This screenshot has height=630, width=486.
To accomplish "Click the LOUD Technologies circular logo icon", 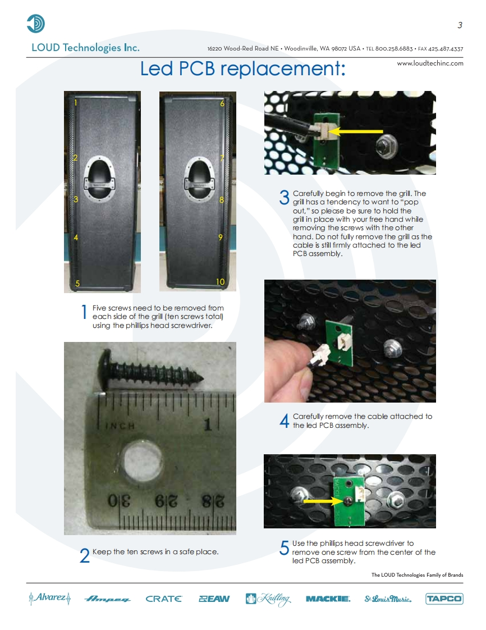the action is tap(36, 24).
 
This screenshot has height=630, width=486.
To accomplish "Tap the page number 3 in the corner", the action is tap(460, 25).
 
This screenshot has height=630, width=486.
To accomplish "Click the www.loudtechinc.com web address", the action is tap(430, 63).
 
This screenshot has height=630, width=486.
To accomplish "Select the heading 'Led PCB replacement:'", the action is tap(242, 69).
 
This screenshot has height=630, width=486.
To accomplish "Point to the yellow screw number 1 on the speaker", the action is tap(76, 102).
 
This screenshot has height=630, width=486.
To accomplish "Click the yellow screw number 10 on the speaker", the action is tap(220, 282).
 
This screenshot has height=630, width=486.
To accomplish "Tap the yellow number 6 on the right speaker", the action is tap(222, 103).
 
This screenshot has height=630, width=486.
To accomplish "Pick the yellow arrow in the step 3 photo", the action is tap(357, 131).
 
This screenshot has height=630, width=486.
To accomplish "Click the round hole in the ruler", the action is tap(144, 460).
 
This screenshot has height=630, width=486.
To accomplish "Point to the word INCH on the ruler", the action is tap(120, 426).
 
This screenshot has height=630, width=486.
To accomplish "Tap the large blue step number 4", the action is tap(285, 421).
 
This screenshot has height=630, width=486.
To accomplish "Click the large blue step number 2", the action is tap(85, 556).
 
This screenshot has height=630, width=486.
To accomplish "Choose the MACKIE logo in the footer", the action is tap(328, 599).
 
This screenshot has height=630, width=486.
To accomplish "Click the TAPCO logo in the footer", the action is tap(444, 599).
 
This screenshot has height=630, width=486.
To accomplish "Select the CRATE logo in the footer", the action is tap(164, 599).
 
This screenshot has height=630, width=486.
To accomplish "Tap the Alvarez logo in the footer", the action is tap(50, 598).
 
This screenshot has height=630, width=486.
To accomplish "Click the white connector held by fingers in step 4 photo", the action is tap(323, 354).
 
